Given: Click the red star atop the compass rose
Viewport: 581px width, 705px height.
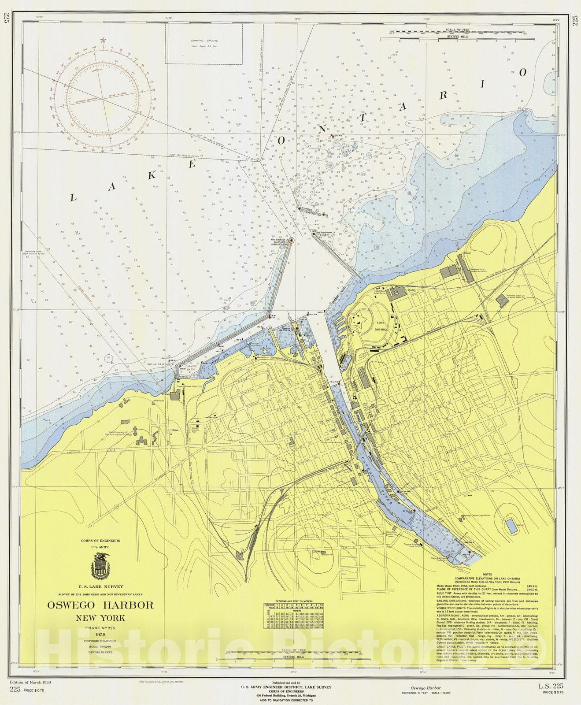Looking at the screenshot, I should click(x=104, y=40).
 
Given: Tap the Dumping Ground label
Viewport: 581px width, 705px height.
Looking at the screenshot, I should click(x=204, y=41).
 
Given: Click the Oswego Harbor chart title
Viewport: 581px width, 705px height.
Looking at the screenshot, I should click(x=100, y=605).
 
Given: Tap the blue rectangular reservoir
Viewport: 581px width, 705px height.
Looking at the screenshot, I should click(x=511, y=526).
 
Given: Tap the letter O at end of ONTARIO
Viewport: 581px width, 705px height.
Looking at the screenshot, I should click(x=523, y=73).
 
